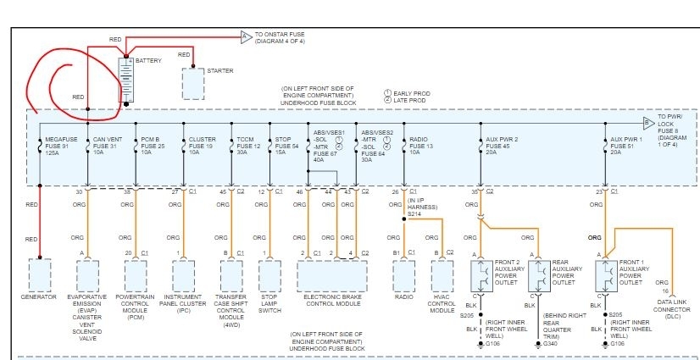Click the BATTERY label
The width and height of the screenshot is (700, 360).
[149, 61]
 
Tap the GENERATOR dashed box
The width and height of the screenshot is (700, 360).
[40, 274]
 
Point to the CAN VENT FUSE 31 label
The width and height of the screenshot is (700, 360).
[107, 144]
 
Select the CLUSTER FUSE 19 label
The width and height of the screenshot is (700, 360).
[203, 144]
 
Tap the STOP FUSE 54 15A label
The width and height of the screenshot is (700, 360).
[286, 144]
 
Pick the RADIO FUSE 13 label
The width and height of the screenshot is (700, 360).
[422, 144]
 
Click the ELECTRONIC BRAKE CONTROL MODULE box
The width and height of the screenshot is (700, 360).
[333, 274]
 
